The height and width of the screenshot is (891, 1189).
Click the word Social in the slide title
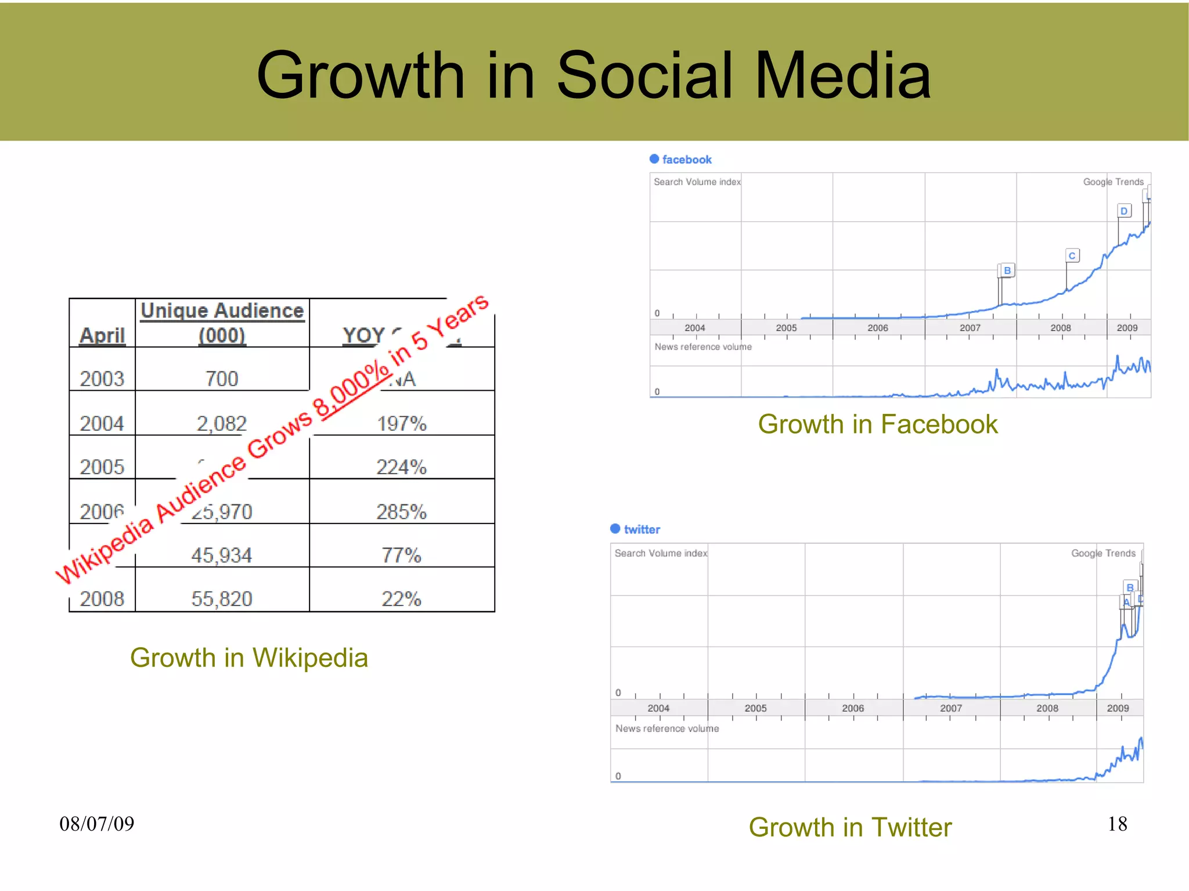(x=644, y=75)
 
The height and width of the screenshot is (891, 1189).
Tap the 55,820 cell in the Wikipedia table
(x=222, y=598)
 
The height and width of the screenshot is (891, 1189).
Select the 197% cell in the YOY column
(x=402, y=424)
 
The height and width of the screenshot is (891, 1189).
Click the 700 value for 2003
(x=222, y=379)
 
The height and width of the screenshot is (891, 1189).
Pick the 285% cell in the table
(x=402, y=512)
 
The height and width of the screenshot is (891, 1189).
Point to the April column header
(x=102, y=336)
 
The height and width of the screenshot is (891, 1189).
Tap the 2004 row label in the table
(x=102, y=424)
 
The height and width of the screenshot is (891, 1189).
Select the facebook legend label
(x=687, y=160)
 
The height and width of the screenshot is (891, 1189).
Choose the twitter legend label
(x=642, y=529)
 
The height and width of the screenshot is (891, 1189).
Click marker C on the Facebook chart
(x=1072, y=256)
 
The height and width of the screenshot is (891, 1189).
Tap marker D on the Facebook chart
(x=1124, y=211)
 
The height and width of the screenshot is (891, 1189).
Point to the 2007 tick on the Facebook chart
(x=970, y=328)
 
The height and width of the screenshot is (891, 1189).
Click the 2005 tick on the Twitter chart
(x=755, y=708)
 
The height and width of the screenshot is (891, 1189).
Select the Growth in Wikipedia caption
(x=249, y=658)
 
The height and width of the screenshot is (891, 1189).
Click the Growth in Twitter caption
(x=850, y=827)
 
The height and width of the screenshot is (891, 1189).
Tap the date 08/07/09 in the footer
(x=97, y=824)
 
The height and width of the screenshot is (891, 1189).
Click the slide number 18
(x=1117, y=824)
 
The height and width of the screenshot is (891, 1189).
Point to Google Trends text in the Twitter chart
(x=1103, y=553)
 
